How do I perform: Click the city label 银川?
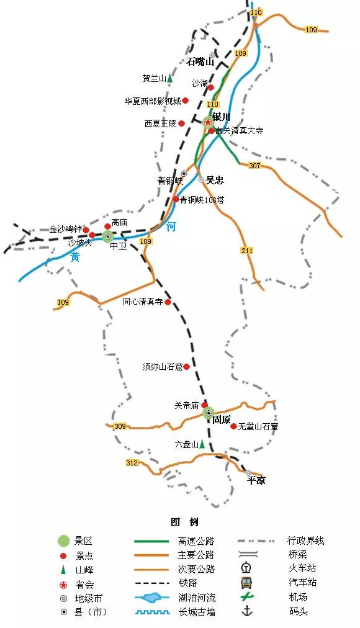tap(221, 116)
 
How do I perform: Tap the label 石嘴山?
tap(200, 61)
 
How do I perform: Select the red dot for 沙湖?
tap(210, 87)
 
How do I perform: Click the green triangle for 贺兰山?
tap(169, 79)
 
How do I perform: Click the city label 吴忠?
tap(215, 180)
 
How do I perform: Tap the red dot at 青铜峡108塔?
tap(176, 199)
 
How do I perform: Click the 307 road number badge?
tap(254, 165)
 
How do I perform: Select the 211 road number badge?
tap(246, 250)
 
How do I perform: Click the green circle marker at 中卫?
tap(108, 236)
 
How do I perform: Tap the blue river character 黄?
tap(74, 257)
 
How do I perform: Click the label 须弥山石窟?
tap(162, 367)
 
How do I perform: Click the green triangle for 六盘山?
tap(202, 444)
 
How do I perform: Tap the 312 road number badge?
tap(132, 463)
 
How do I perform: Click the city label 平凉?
tap(256, 480)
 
